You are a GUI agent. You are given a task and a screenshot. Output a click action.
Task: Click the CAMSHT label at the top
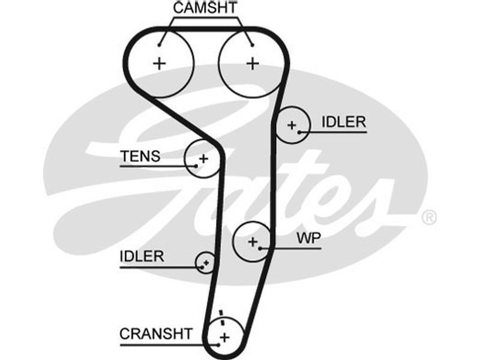205,8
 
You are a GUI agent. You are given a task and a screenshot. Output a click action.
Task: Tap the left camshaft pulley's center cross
160,63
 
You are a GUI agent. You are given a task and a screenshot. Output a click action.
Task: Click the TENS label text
140,157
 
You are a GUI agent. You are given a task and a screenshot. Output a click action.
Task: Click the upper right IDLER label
343,122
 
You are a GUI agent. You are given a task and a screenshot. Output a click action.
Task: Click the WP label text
309,238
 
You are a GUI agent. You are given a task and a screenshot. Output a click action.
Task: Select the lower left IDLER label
142,257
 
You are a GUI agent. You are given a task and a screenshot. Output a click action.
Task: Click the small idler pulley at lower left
205,262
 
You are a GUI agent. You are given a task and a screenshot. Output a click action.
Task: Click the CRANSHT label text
156,334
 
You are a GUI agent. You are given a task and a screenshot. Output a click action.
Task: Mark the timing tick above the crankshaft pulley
222,314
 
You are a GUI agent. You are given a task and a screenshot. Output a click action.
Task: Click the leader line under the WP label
300,247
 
